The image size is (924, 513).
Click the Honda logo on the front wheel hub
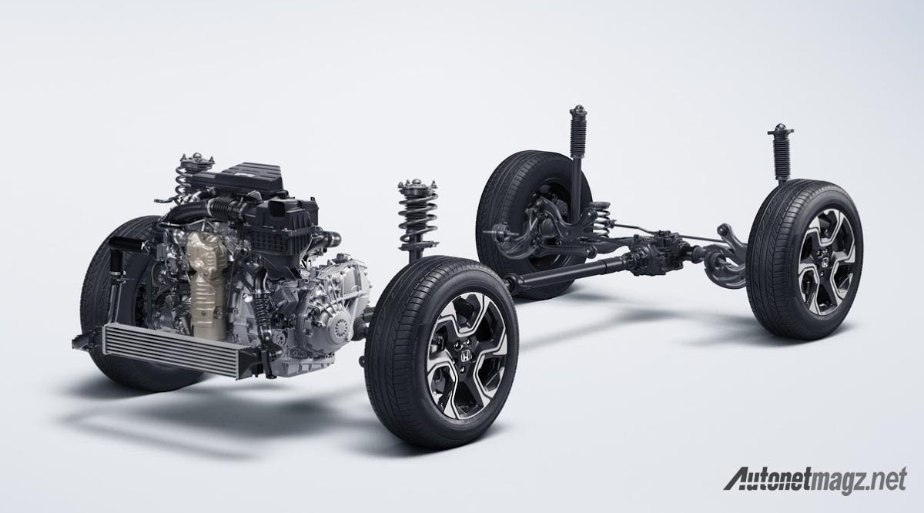(x=465, y=356)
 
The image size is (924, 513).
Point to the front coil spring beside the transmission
(x=418, y=218)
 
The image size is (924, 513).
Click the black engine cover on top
(x=239, y=178)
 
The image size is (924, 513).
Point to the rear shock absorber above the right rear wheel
(x=781, y=153)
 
